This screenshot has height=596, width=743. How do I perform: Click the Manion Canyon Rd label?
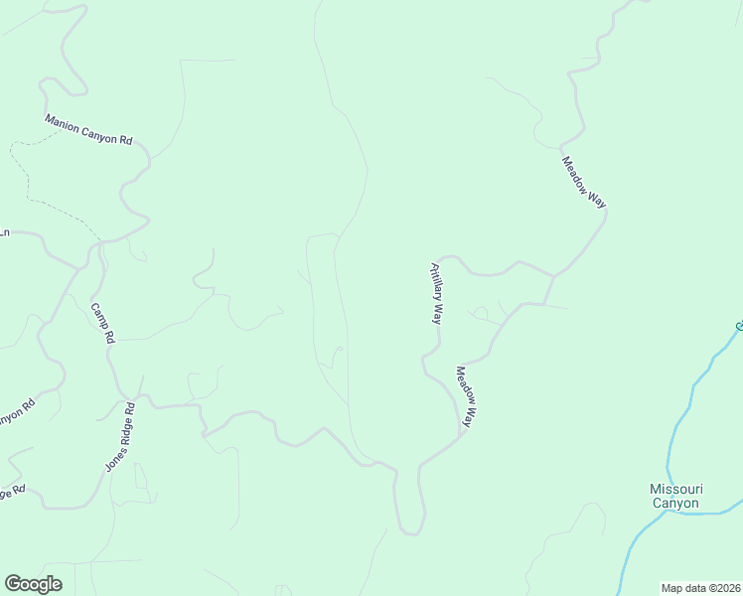[x=88, y=130]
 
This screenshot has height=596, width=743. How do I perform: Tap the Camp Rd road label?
[x=103, y=323]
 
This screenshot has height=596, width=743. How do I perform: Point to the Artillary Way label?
[x=435, y=293]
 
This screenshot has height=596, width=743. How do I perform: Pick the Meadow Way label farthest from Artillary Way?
[x=583, y=182]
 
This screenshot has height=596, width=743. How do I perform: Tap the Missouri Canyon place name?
[x=675, y=496]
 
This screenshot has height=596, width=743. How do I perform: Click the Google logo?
[x=33, y=584]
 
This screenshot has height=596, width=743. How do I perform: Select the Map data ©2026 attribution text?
[x=701, y=588]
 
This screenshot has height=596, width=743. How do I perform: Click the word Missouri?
[x=675, y=489]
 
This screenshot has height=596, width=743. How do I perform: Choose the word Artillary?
[x=435, y=282]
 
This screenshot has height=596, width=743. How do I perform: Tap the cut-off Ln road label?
[x=4, y=233]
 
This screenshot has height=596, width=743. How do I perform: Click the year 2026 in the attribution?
[x=726, y=588]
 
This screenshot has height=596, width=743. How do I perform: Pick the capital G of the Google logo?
[x=12, y=584]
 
